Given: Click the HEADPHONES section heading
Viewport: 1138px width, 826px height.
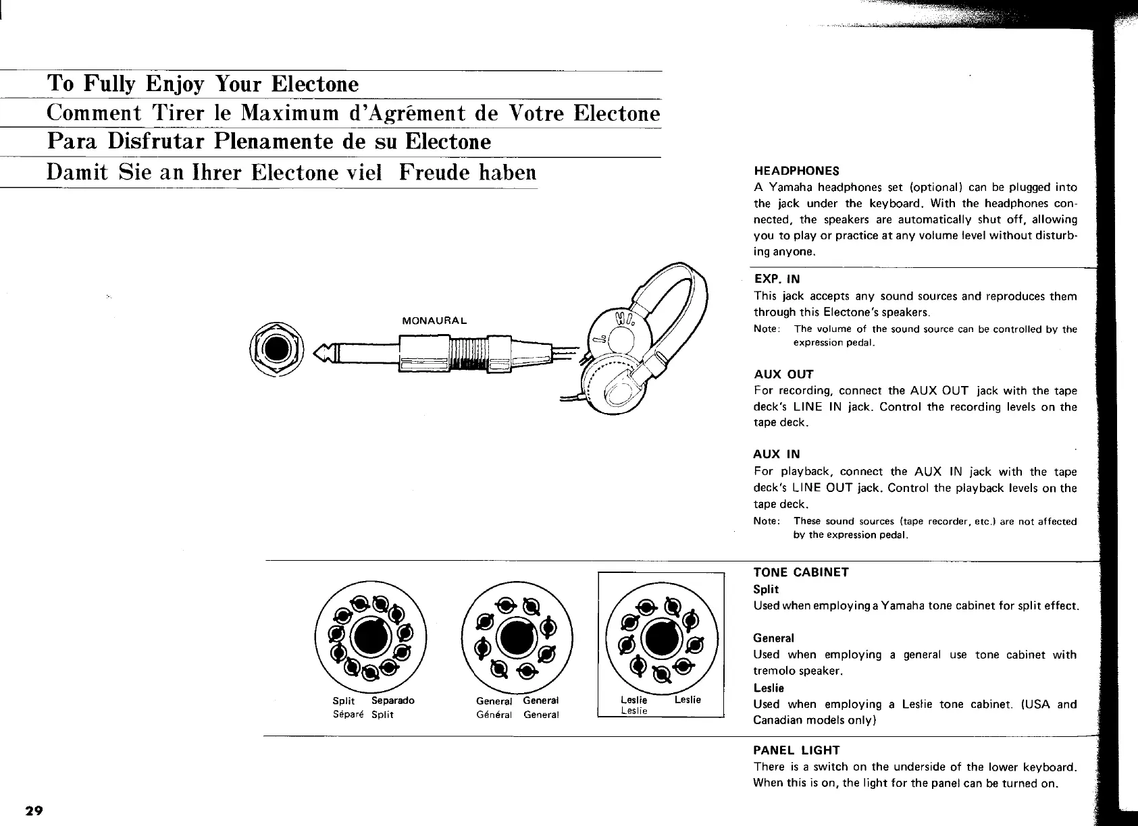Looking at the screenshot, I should (x=796, y=171).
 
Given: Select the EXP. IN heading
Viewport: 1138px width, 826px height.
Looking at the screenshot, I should (x=777, y=279).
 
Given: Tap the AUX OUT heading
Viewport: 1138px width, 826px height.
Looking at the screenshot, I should (x=783, y=375).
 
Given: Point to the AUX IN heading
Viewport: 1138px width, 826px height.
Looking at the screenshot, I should (x=777, y=455).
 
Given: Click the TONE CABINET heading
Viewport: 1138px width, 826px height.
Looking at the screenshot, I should (x=801, y=572).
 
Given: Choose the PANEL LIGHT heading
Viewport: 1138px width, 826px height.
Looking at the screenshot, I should (x=796, y=750).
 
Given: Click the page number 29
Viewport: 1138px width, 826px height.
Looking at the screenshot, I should (x=34, y=810).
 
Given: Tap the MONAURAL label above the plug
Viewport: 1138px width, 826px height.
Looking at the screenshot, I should (x=434, y=320).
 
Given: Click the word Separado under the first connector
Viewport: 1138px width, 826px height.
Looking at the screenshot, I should (x=393, y=700).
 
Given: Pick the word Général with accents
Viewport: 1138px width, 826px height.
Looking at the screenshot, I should (x=494, y=715).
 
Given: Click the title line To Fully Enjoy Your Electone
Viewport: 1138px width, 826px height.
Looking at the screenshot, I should (x=203, y=84).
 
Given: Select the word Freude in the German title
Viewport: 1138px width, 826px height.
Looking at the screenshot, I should (x=432, y=172).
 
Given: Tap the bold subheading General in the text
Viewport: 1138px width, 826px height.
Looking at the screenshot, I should (x=773, y=638).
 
